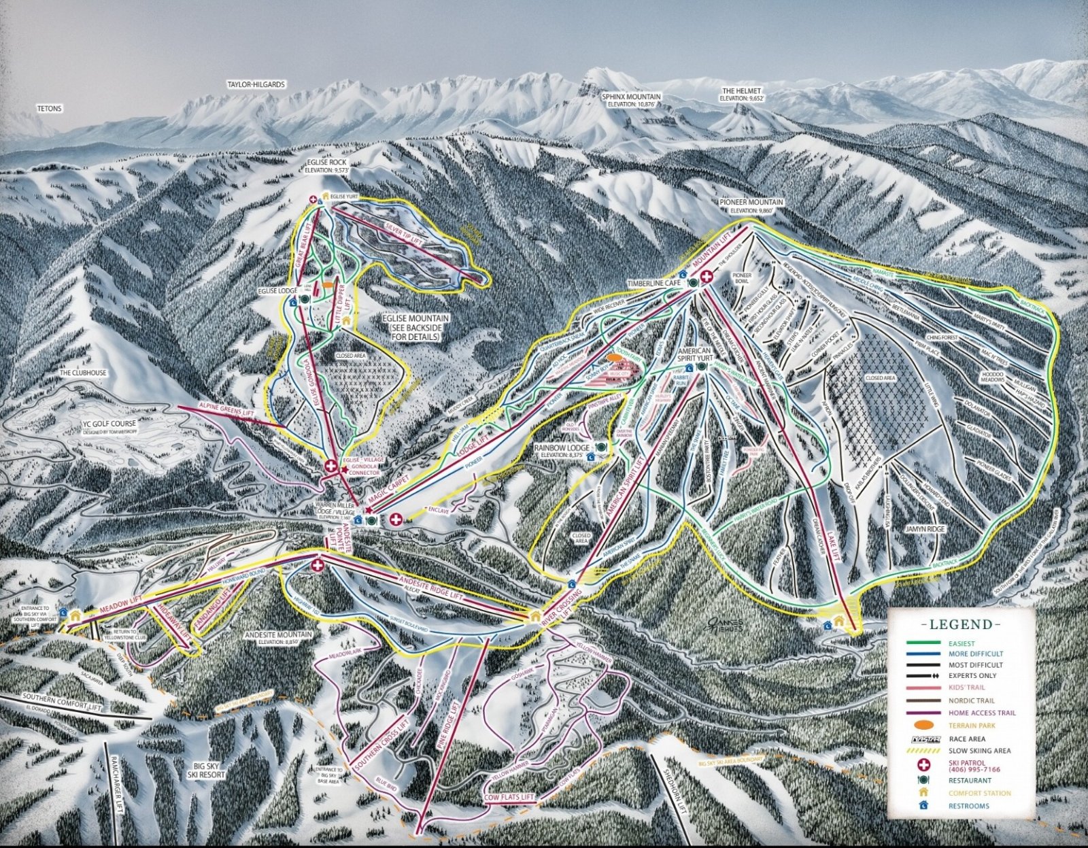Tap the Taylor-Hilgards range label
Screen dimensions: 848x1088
(x=256, y=85)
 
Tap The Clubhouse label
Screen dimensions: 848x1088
(x=83, y=373)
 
